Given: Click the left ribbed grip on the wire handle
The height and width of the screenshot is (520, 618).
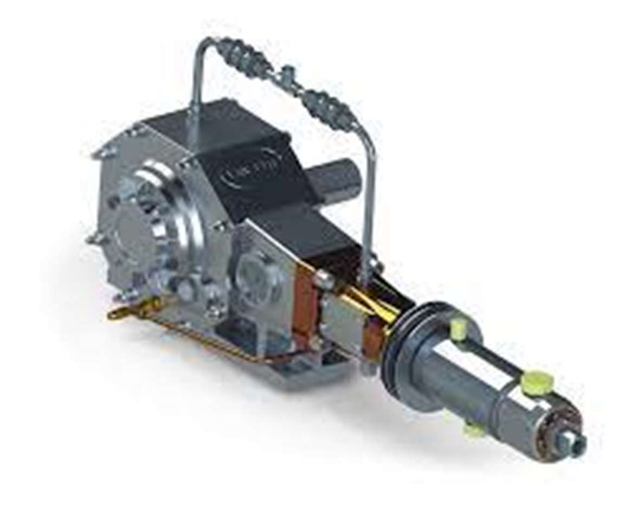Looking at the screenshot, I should coord(244,57).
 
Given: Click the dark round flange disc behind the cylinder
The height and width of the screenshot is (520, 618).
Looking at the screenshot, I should coord(402,347).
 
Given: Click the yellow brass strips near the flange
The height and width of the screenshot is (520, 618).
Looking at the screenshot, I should coord(369,304).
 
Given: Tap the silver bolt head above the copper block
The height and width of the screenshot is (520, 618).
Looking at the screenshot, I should coord(324,279).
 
